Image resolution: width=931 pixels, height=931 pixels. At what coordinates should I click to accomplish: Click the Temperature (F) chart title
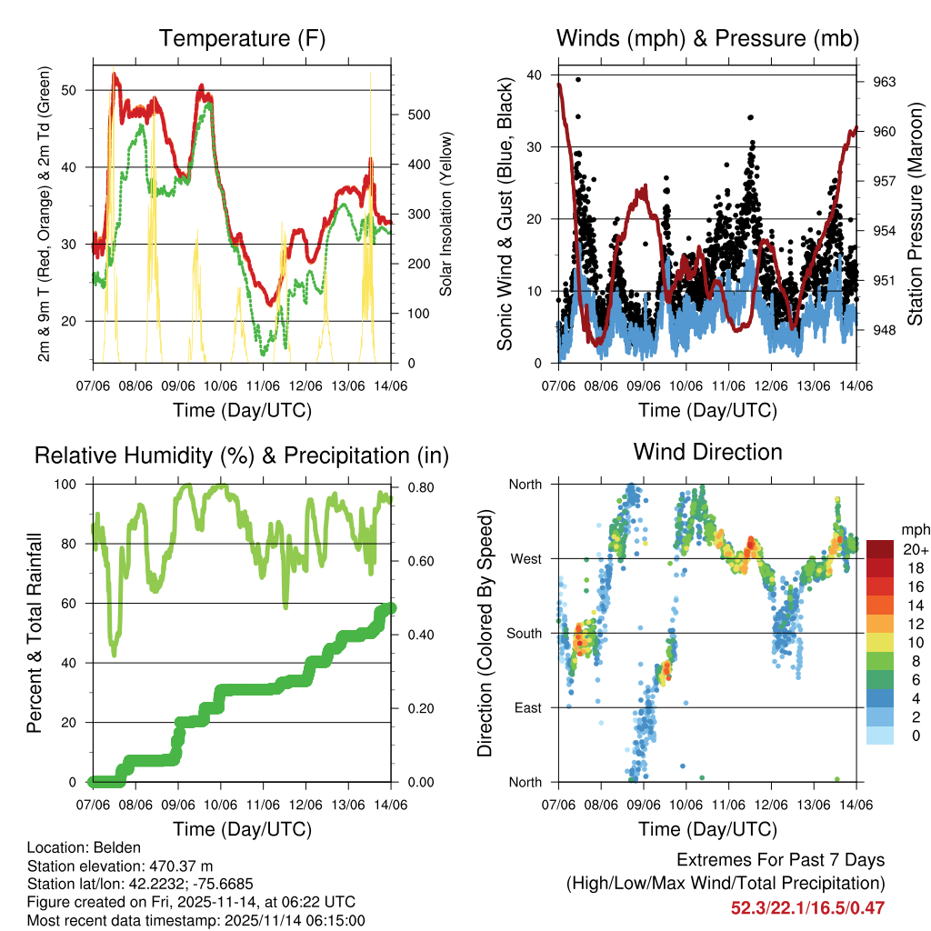[241, 39]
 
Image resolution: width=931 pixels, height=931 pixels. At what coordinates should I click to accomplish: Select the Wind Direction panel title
[707, 452]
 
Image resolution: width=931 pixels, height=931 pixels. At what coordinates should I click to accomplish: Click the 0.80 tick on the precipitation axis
[418, 486]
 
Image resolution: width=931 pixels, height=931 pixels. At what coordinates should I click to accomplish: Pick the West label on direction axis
[526, 558]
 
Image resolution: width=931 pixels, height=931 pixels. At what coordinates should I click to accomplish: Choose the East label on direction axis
[527, 707]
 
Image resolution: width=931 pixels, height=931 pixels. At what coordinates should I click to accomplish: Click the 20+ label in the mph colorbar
[915, 549]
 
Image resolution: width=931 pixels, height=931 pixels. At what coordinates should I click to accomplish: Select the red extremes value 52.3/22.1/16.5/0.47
[807, 907]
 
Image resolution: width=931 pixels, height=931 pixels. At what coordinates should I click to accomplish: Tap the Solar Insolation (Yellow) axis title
[446, 215]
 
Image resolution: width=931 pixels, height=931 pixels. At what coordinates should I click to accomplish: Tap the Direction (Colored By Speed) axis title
[485, 632]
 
